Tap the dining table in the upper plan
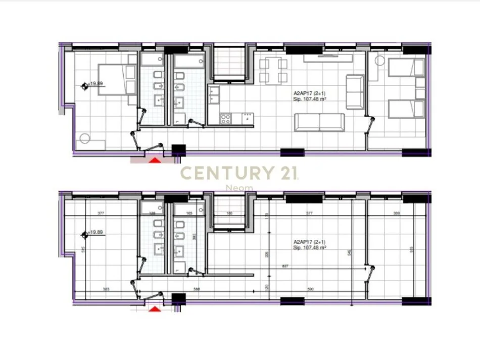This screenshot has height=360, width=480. pos(273,70)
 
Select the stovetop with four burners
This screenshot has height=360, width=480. pos(226,119)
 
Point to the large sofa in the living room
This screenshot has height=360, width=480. pos(320,123)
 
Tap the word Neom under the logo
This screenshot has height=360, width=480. pos(239,188)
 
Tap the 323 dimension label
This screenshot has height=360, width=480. pos(106,289)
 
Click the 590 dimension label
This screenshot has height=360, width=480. pos(311,289)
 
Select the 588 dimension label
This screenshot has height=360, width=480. pos(197,289)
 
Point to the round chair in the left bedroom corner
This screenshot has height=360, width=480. pos(84,138)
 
